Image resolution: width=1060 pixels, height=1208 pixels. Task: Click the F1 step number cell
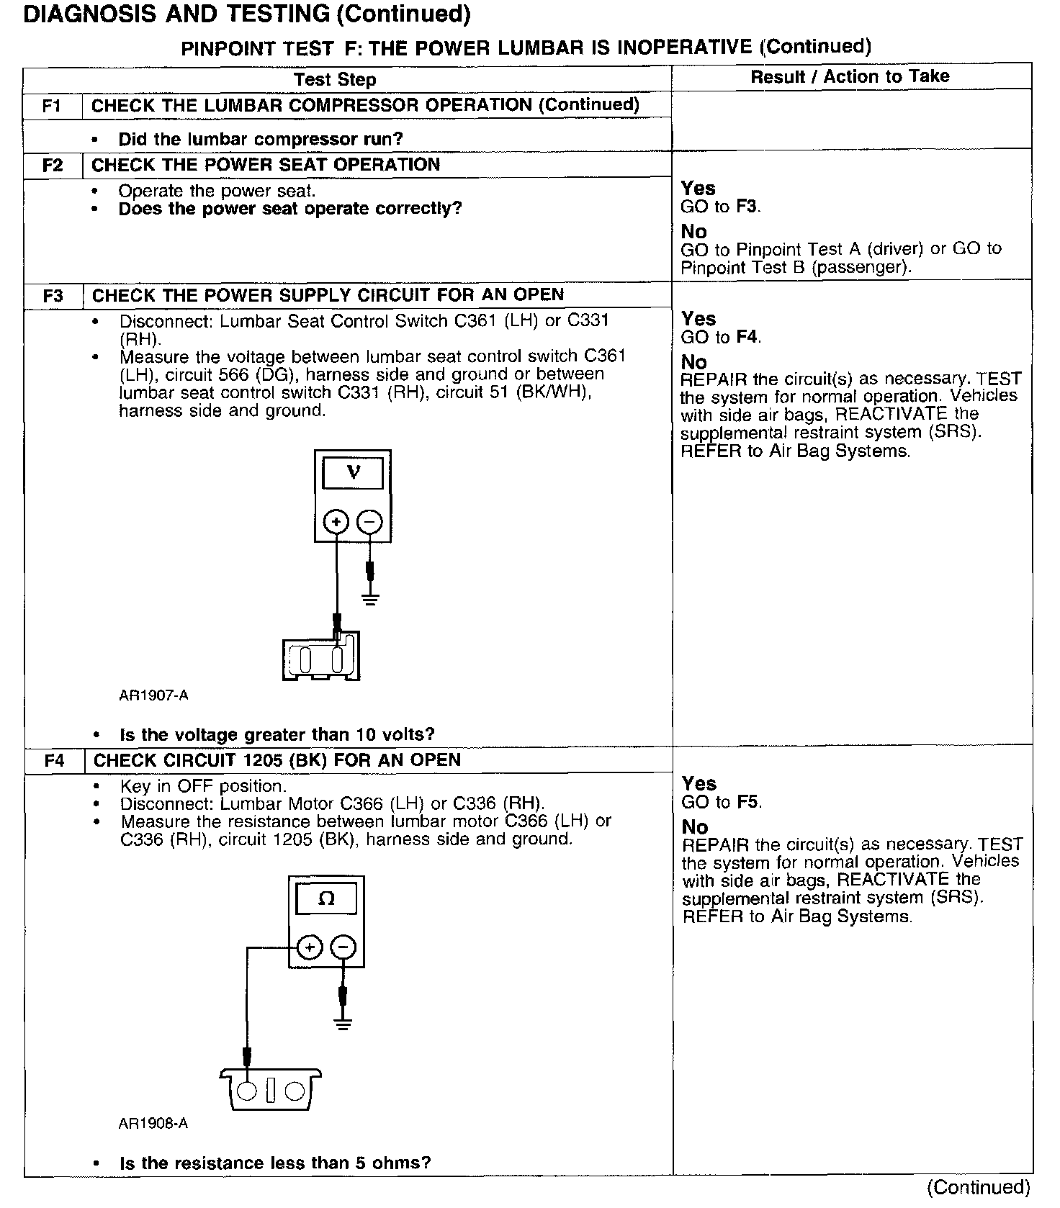click(x=52, y=106)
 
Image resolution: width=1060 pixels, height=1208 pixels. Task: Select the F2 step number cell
click(x=52, y=165)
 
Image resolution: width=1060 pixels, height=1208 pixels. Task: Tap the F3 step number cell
click(x=53, y=296)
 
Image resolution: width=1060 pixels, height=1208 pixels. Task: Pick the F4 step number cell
click(x=54, y=760)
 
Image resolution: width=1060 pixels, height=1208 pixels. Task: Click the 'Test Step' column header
click(x=335, y=79)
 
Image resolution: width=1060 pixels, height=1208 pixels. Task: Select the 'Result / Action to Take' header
click(x=850, y=76)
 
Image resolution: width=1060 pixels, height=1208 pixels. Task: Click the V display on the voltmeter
click(x=353, y=473)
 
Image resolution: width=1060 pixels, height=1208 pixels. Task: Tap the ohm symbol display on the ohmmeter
click(x=326, y=898)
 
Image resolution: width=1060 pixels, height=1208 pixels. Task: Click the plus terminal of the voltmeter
click(x=336, y=521)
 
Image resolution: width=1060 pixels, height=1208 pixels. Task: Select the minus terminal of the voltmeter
click(x=369, y=521)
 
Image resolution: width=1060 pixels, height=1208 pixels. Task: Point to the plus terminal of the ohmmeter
click(x=309, y=947)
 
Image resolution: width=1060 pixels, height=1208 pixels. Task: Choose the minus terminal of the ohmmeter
click(x=343, y=947)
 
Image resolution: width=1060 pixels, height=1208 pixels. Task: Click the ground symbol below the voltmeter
click(x=370, y=598)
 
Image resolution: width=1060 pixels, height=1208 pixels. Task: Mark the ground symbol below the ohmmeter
click(x=343, y=1024)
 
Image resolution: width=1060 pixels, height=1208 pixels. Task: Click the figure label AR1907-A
click(x=153, y=695)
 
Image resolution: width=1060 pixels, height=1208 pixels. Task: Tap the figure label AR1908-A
click(x=153, y=1123)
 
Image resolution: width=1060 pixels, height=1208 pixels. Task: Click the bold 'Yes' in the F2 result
click(x=698, y=188)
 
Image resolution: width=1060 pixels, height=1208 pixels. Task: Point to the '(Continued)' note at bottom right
click(x=979, y=1186)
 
